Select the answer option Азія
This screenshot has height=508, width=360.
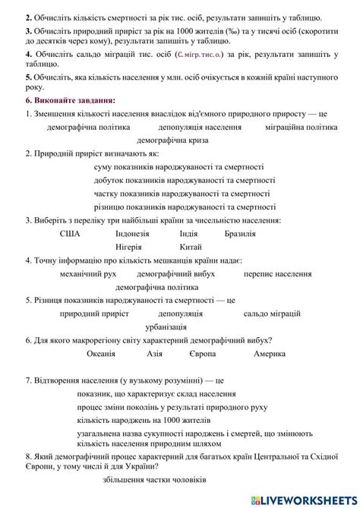coord(154,354)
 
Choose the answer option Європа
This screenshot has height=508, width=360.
coord(202,354)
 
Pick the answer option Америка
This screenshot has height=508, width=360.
coord(270,354)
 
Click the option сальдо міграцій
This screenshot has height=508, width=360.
coord(273,313)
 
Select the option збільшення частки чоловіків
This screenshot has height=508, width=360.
coord(153,479)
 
